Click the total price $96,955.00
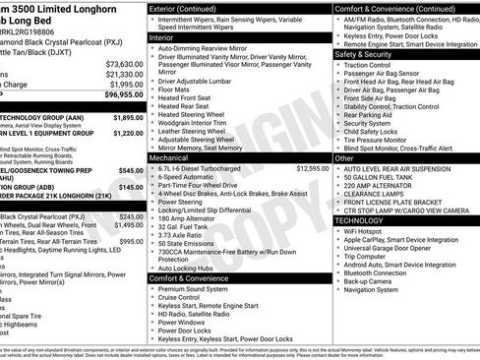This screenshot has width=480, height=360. (120, 95)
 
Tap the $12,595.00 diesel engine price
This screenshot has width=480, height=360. (312, 168)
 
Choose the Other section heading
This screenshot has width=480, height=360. (344, 157)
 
